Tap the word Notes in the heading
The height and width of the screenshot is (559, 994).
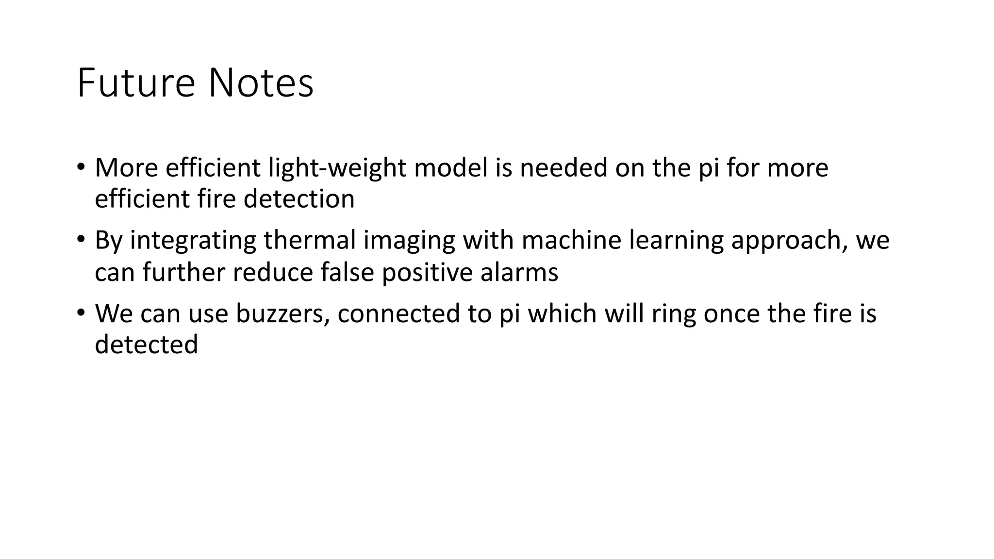[x=261, y=83]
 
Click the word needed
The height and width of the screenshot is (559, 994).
[x=563, y=168]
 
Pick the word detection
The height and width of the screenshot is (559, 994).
[x=299, y=199]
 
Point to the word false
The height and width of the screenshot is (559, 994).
[x=348, y=272]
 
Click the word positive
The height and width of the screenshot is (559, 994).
[x=428, y=272]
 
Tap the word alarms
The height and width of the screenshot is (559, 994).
[x=519, y=272]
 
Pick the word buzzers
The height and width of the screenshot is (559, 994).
[x=283, y=313]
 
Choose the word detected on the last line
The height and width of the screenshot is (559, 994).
[x=147, y=345]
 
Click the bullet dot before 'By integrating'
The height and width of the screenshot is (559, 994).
[x=81, y=239]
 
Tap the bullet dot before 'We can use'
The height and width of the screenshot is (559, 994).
[x=81, y=312]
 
